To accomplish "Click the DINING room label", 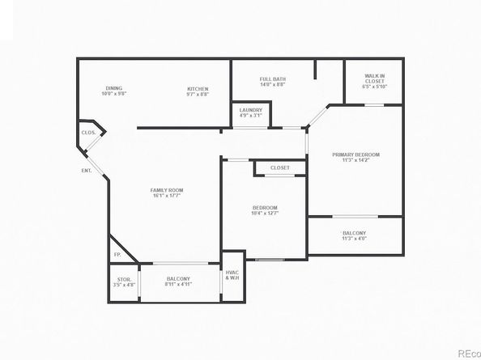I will (114, 89).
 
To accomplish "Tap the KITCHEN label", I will (198, 89).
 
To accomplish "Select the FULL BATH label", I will (272, 79).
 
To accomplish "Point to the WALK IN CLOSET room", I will (374, 81).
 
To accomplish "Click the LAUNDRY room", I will (250, 112).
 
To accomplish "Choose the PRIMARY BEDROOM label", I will (355, 155).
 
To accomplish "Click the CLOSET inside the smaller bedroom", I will (280, 167).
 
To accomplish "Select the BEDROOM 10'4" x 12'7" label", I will (264, 208).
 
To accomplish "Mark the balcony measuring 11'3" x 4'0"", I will (355, 235).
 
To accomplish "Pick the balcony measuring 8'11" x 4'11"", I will (178, 281).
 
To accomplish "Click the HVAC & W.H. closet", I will (232, 276).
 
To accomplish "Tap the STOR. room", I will (124, 282).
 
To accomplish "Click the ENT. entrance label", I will (86, 171).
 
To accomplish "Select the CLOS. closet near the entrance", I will (88, 132).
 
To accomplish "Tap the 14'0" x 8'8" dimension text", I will (272, 84).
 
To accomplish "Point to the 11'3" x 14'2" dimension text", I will (355, 160).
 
